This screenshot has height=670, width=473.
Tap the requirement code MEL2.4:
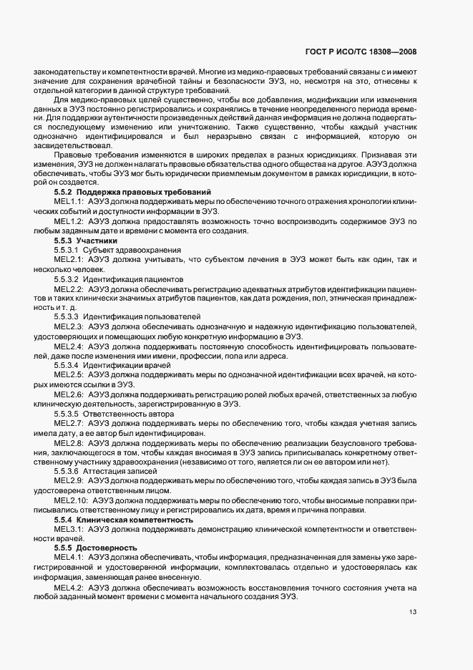coord(69,346)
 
